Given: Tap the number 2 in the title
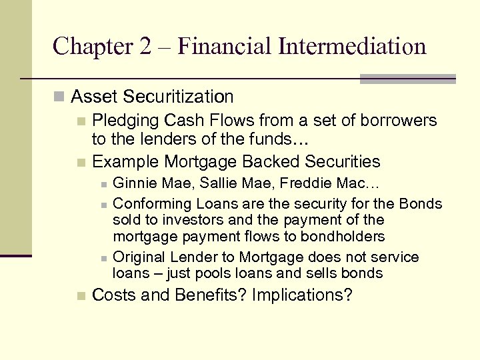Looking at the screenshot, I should (145, 46).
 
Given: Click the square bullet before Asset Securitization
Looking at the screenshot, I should (60, 97).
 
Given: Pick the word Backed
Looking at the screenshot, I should (271, 162).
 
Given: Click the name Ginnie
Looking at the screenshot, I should (133, 183).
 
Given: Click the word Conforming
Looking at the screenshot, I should (149, 204).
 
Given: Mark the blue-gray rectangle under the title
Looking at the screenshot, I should (407, 79).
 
